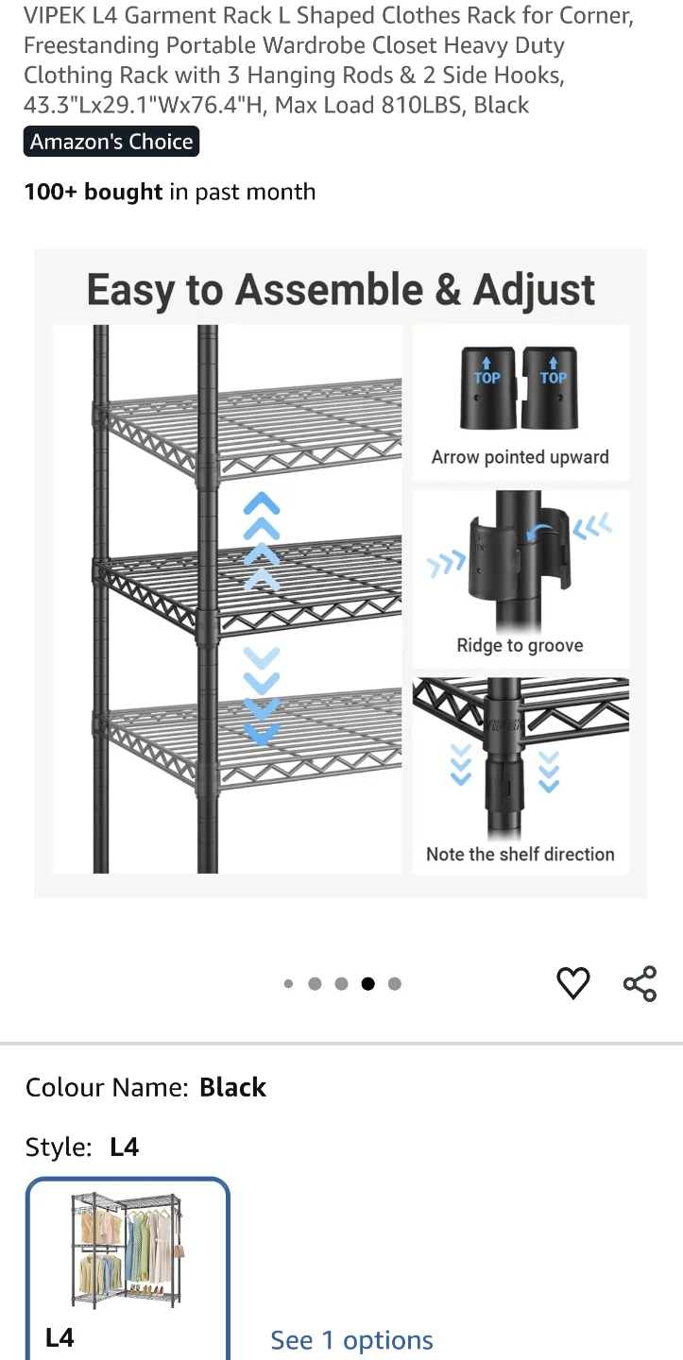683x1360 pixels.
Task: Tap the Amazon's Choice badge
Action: tap(111, 142)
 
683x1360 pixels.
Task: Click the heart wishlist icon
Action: tap(573, 982)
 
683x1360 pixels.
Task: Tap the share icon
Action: tap(640, 983)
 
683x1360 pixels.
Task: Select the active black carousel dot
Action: tap(367, 983)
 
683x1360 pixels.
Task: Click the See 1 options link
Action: tap(351, 1340)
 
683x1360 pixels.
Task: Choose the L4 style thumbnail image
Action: tap(128, 1250)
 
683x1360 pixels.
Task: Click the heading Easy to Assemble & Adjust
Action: tap(341, 290)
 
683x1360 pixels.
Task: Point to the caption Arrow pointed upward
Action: tap(521, 456)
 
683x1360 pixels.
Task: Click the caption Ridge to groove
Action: tap(521, 645)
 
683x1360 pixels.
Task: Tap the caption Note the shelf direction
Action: tap(521, 854)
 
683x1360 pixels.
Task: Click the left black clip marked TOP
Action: tap(487, 387)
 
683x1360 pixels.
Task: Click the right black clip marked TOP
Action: tap(550, 387)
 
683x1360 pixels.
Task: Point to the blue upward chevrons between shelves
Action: tap(262, 540)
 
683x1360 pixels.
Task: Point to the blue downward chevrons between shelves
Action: tap(262, 696)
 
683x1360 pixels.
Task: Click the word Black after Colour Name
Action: tap(232, 1087)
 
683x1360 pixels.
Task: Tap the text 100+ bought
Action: tap(94, 192)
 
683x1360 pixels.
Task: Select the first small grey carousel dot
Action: tap(288, 983)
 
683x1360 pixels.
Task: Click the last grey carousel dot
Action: tap(395, 983)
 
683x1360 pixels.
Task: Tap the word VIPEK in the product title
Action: tap(55, 15)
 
